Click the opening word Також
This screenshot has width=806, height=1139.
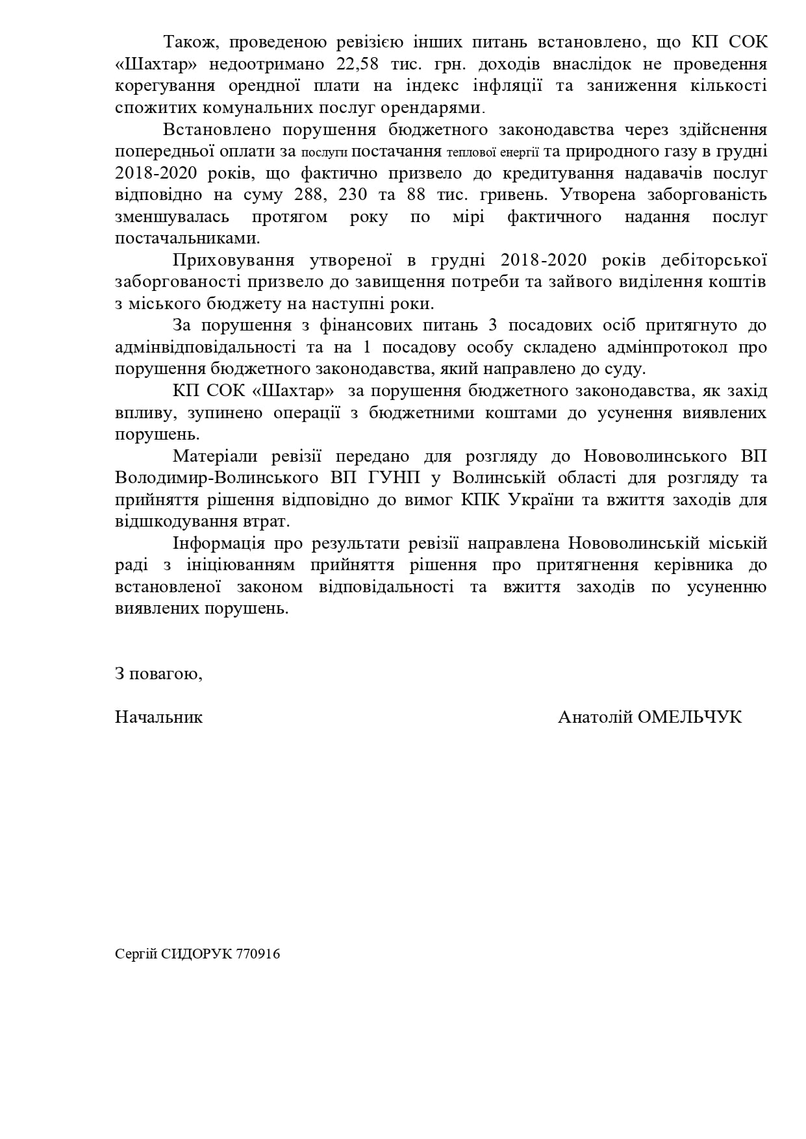tap(184, 43)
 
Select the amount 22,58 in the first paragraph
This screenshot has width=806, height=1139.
tap(360, 64)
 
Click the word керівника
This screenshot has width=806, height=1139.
tap(688, 565)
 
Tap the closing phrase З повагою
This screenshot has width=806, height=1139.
tap(159, 673)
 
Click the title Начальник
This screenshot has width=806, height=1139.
tap(159, 717)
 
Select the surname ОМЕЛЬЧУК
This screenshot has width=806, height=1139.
tap(690, 717)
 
